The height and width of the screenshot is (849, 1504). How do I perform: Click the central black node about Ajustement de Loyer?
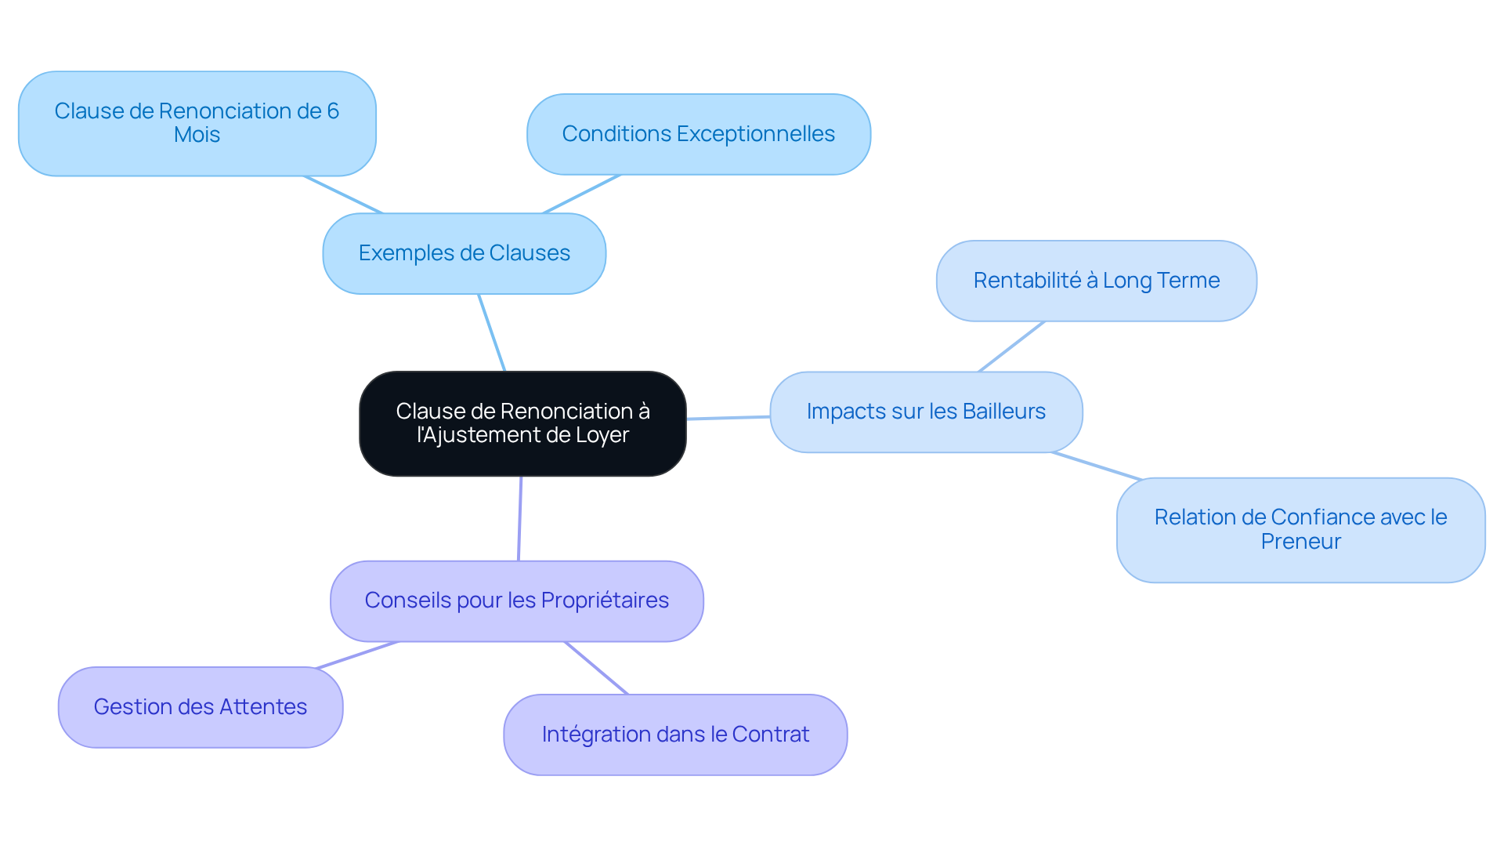click(x=522, y=423)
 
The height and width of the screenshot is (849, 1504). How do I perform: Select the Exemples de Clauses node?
click(x=464, y=253)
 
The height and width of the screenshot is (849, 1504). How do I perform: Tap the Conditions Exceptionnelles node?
click(x=698, y=134)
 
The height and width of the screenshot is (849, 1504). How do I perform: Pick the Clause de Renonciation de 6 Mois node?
click(x=197, y=123)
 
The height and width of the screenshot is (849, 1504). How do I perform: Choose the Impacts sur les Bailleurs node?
click(x=926, y=412)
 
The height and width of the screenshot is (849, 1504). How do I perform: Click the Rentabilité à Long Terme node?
click(x=1096, y=281)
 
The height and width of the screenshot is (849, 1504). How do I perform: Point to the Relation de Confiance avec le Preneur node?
click(x=1300, y=529)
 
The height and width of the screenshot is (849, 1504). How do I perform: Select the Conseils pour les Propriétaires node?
click(x=516, y=600)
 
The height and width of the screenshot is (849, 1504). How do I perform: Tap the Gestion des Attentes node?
click(x=200, y=707)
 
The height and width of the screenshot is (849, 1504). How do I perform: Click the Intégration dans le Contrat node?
click(x=675, y=735)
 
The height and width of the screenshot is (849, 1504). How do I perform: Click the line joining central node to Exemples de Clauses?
click(x=492, y=332)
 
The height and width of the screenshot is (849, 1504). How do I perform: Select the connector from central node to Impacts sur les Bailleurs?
click(x=728, y=418)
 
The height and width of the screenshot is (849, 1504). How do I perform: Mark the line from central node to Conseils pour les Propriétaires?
click(x=519, y=518)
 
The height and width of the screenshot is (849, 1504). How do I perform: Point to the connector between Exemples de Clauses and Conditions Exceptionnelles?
click(x=581, y=194)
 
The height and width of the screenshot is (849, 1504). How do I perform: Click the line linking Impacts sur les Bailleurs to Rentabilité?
click(x=1011, y=346)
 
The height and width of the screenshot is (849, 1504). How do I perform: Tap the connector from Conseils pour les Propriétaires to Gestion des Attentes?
click(x=356, y=655)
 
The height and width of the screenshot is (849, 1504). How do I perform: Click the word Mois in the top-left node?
click(x=197, y=135)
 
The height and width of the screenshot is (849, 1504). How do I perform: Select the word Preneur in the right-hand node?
click(x=1300, y=542)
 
